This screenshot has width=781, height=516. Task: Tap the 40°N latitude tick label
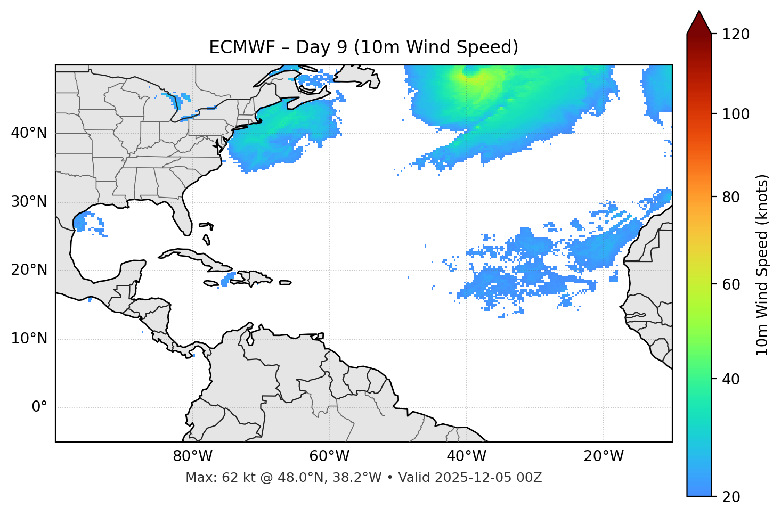pyautogui.click(x=29, y=133)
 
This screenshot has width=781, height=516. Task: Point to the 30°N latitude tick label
pyautogui.click(x=29, y=202)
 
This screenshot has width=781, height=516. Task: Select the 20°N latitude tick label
pyautogui.click(x=29, y=271)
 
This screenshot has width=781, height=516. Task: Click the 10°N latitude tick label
pyautogui.click(x=29, y=339)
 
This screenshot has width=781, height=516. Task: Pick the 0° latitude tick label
pyautogui.click(x=39, y=407)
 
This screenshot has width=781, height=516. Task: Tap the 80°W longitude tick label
pyautogui.click(x=192, y=456)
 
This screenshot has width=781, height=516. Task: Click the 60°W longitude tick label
pyautogui.click(x=329, y=456)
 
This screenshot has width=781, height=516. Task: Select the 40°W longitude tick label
pyautogui.click(x=467, y=456)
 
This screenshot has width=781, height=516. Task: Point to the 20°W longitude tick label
pyautogui.click(x=604, y=456)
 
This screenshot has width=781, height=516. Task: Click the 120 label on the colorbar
pyautogui.click(x=736, y=35)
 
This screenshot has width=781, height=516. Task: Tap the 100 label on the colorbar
pyautogui.click(x=736, y=114)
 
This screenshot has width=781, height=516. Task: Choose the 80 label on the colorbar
pyautogui.click(x=733, y=198)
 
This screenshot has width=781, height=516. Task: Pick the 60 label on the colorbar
pyautogui.click(x=733, y=284)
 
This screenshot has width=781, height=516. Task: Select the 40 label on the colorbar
pyautogui.click(x=733, y=379)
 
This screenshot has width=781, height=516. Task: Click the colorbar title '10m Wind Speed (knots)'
pyautogui.click(x=762, y=265)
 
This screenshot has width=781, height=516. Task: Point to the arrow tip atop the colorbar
pyautogui.click(x=699, y=12)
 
